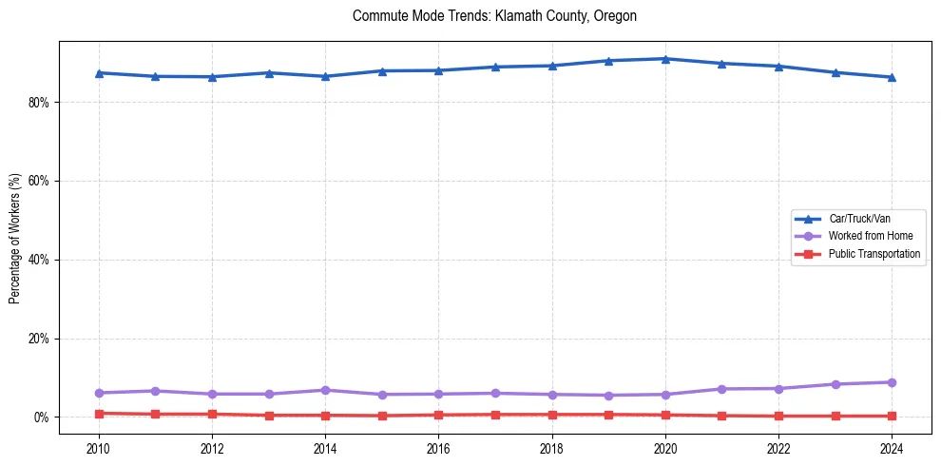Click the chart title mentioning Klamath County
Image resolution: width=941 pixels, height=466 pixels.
(494, 16)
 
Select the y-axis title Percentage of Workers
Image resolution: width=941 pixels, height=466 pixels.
(14, 238)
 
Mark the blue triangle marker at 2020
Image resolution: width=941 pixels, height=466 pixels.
(665, 59)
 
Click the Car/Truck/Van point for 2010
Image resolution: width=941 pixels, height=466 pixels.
(99, 72)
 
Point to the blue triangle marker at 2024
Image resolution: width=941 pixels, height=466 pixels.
(892, 77)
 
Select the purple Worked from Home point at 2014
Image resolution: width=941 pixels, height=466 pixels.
(325, 390)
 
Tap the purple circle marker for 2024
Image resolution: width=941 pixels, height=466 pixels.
(892, 382)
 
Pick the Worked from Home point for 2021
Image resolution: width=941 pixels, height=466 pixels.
(721, 389)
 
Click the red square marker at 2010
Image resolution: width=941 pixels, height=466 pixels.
(99, 414)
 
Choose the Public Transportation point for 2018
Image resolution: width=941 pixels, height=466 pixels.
(551, 415)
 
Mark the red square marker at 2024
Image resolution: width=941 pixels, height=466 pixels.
(892, 416)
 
